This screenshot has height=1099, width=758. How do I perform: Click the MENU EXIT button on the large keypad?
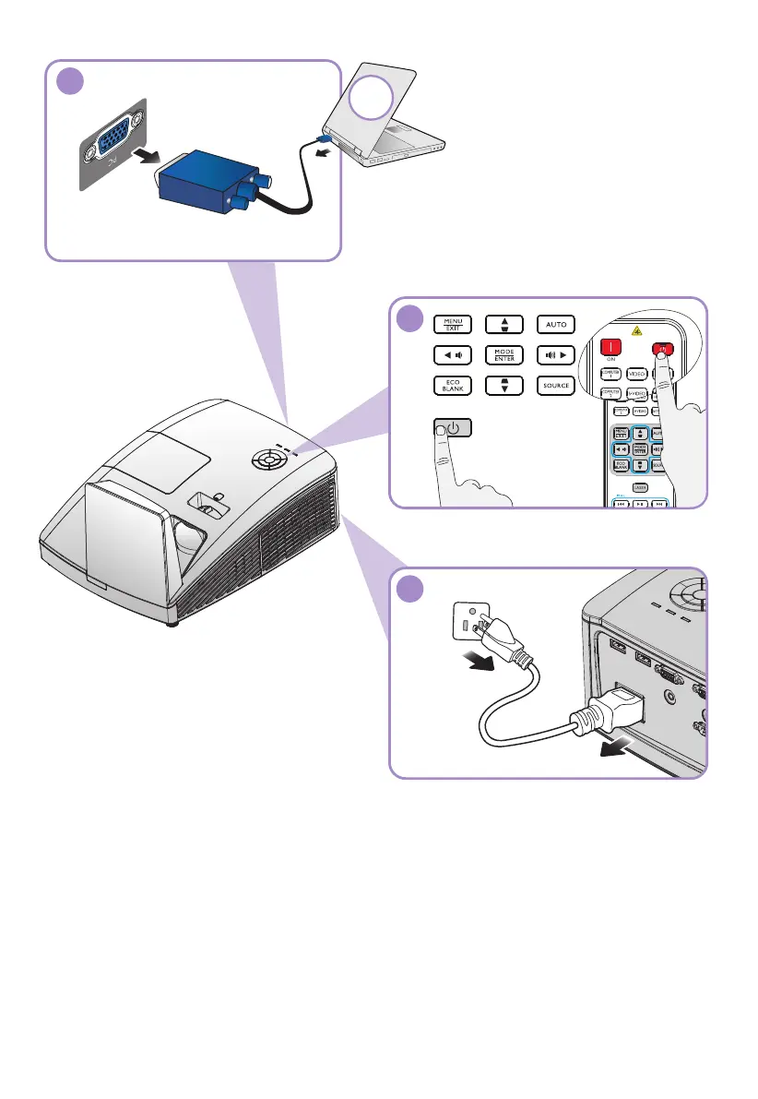point(452,324)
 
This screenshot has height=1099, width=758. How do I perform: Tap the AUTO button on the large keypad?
point(556,324)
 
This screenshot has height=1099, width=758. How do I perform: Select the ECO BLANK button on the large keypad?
point(452,385)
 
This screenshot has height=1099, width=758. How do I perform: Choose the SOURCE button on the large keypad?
point(556,385)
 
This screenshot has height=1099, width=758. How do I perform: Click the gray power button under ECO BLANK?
point(452,429)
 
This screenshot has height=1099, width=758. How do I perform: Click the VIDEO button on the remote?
point(636,374)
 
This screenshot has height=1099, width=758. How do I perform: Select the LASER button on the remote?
point(638,486)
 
